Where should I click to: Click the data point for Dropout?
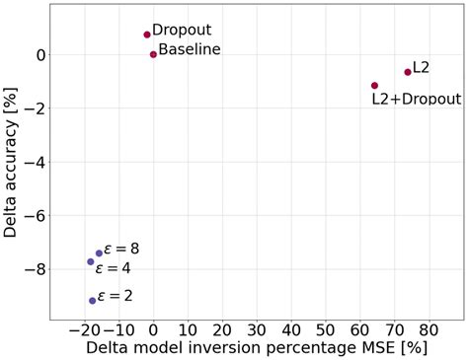pos(147,35)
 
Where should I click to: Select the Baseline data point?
pos(153,54)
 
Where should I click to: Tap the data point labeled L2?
pos(408,72)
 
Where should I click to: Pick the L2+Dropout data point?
pos(374,86)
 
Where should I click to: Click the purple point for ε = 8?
pos(99,253)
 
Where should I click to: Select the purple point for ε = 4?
pos(91,261)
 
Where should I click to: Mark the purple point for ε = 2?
pos(93,301)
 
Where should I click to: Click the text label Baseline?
pos(190,49)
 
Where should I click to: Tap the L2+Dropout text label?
pos(416,99)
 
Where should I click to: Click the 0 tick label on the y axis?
pos(39,55)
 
